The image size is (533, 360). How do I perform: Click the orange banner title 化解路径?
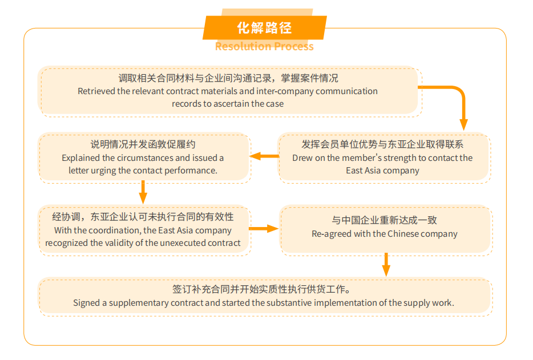[x=264, y=28]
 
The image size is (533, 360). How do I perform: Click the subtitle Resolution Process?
[x=264, y=46]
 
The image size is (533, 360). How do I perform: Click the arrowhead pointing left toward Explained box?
[x=256, y=156]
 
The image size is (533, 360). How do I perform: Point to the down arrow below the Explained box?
[x=143, y=192]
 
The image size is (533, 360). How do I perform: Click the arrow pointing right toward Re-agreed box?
[x=264, y=228]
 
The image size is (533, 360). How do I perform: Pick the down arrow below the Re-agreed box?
[x=386, y=265]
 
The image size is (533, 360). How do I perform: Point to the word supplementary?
[x=139, y=303]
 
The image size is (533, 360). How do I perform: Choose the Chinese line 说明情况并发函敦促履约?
[x=143, y=144]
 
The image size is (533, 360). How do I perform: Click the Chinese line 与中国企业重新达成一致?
[x=385, y=220]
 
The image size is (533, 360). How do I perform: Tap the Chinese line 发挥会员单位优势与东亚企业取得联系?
[x=382, y=144]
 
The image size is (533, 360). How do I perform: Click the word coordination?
[x=114, y=230]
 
